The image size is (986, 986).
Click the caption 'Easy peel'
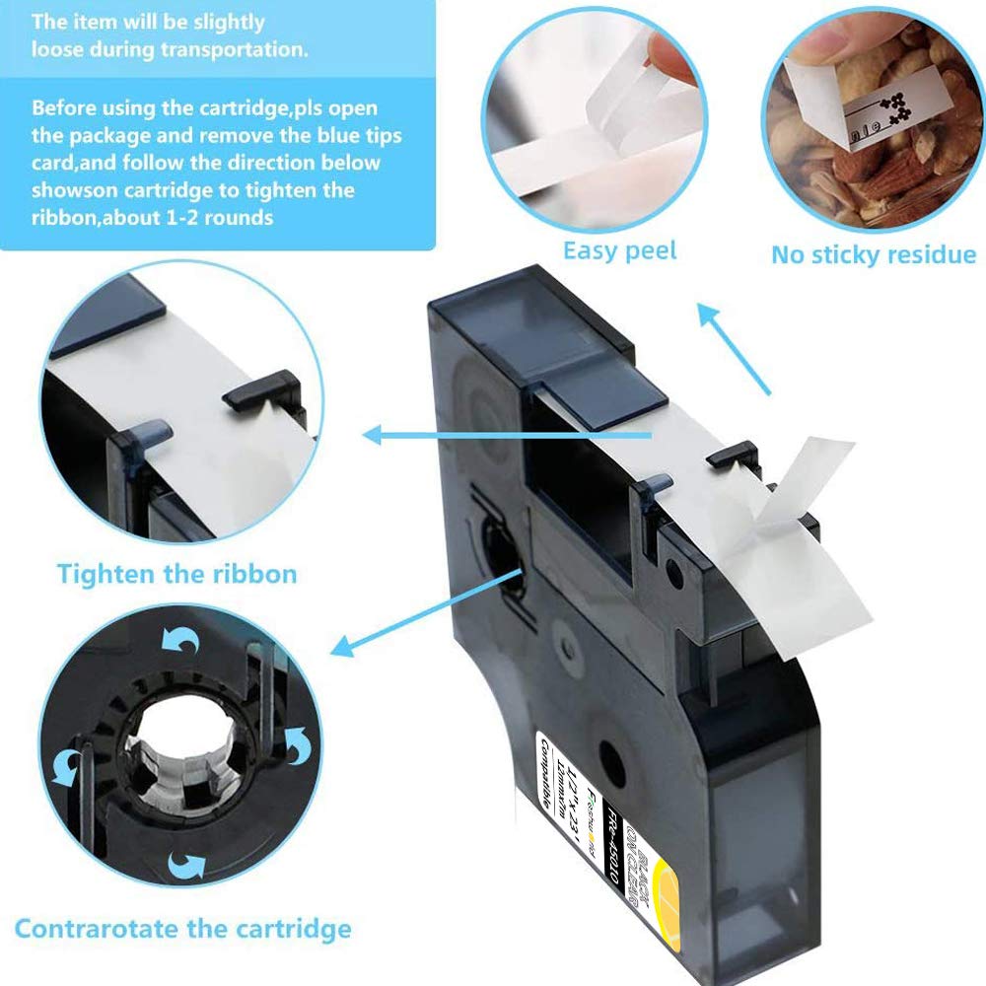[619, 250]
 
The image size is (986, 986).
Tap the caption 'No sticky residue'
[873, 254]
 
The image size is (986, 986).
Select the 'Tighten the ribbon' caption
[176, 573]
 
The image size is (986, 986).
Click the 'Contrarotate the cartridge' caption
[182, 928]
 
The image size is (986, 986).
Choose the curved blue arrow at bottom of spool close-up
[184, 865]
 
